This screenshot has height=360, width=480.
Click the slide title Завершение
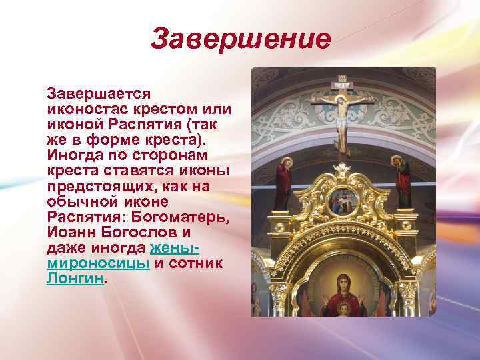tap(240, 39)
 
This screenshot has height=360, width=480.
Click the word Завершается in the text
tap(99, 94)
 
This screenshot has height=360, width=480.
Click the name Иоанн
tap(73, 233)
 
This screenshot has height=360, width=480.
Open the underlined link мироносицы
tap(98, 263)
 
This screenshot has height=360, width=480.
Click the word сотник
tap(197, 263)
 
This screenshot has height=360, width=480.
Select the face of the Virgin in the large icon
tap(343, 283)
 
